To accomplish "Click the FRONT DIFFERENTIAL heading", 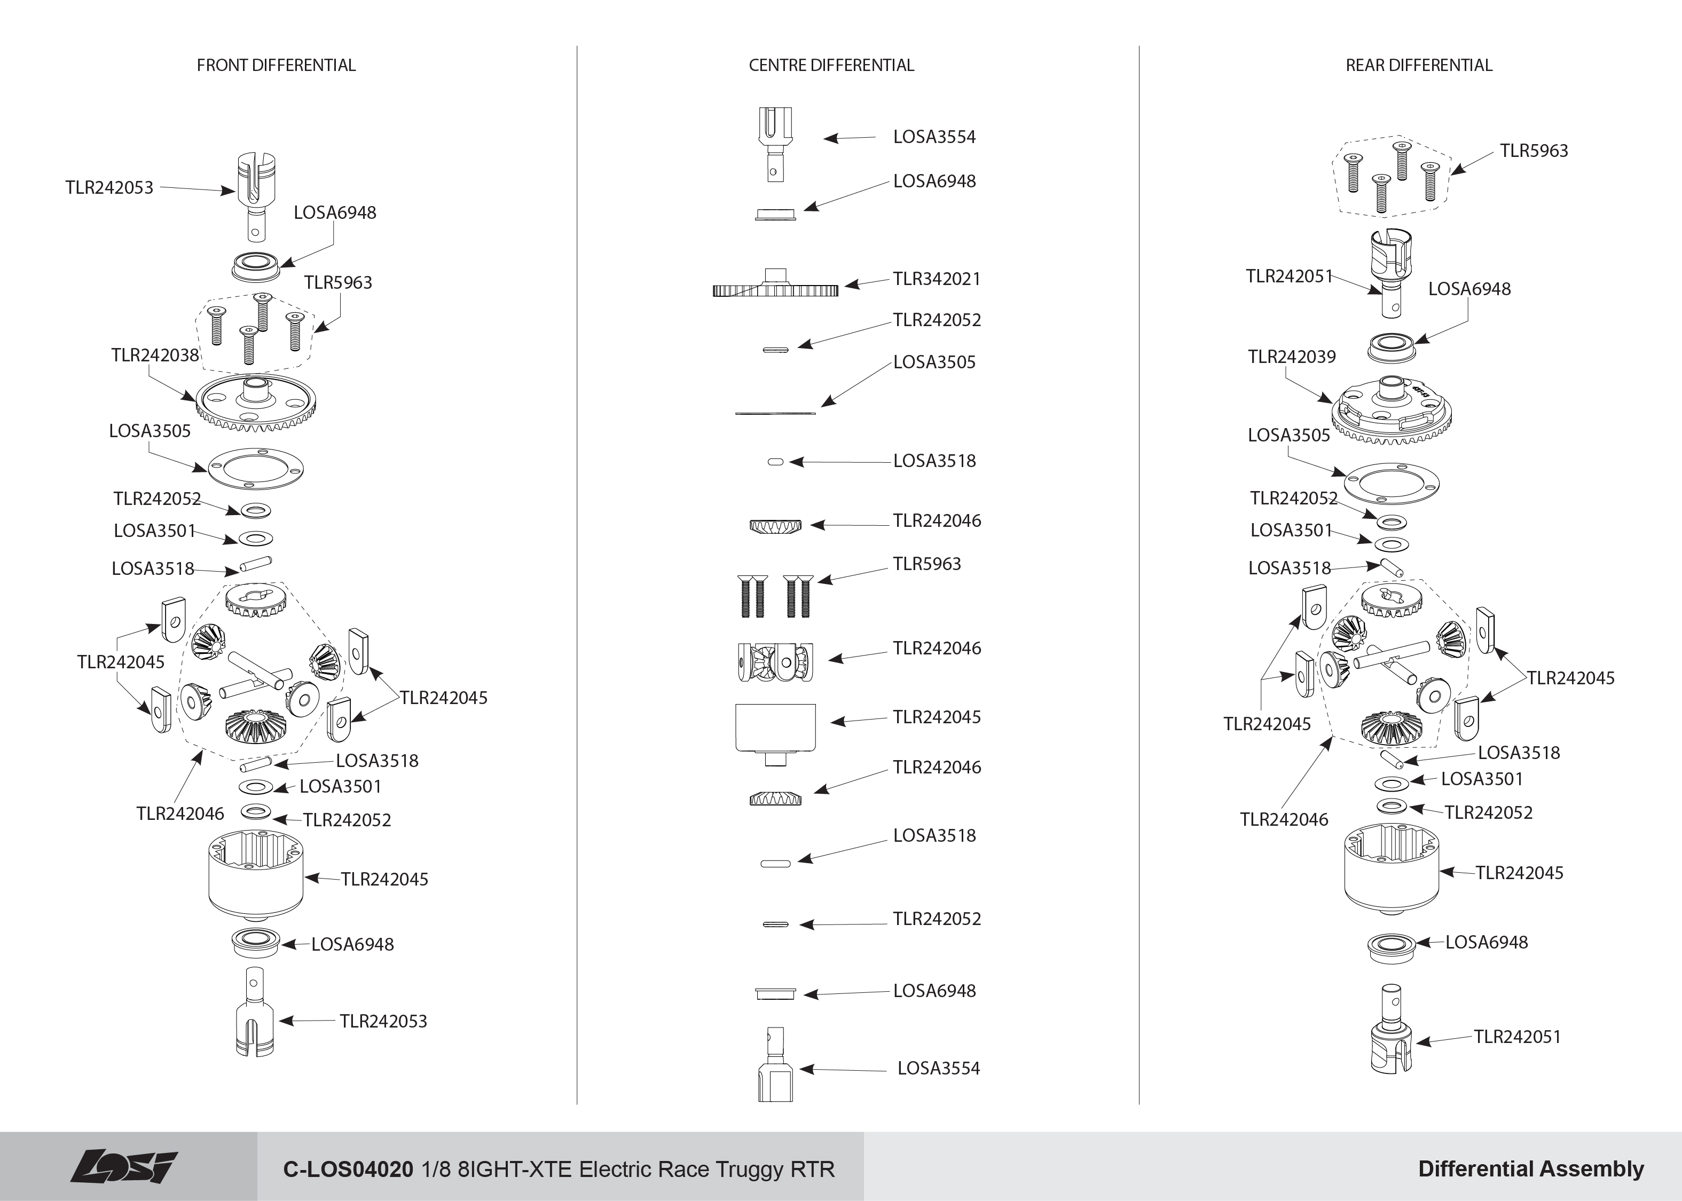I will click(x=276, y=65).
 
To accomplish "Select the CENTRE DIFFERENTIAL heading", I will click(x=831, y=65).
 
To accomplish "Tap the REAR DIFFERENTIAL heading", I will click(x=1419, y=65).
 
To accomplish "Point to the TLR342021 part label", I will click(x=937, y=279).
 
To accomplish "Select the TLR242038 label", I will click(x=155, y=355).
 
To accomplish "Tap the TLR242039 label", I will click(x=1292, y=357).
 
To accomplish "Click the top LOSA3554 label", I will click(x=934, y=137).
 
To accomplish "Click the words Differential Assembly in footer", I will click(x=1531, y=1169).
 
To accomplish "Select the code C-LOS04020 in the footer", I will click(x=348, y=1169).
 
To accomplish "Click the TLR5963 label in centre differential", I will click(x=927, y=564).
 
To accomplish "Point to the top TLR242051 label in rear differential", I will click(x=1288, y=276).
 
